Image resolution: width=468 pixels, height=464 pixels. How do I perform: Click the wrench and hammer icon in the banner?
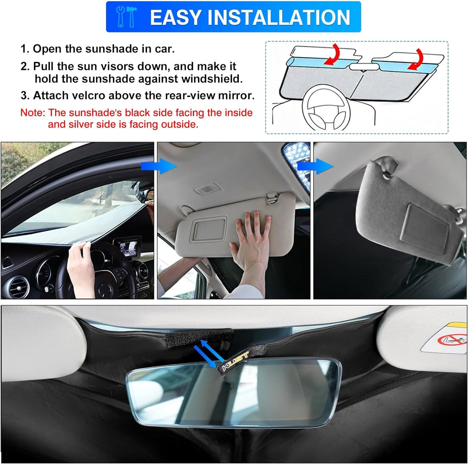click(x=126, y=17)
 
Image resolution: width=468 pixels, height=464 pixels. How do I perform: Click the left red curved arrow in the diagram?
click(x=334, y=54)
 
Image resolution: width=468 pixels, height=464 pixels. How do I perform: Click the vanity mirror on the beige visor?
click(x=209, y=229)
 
